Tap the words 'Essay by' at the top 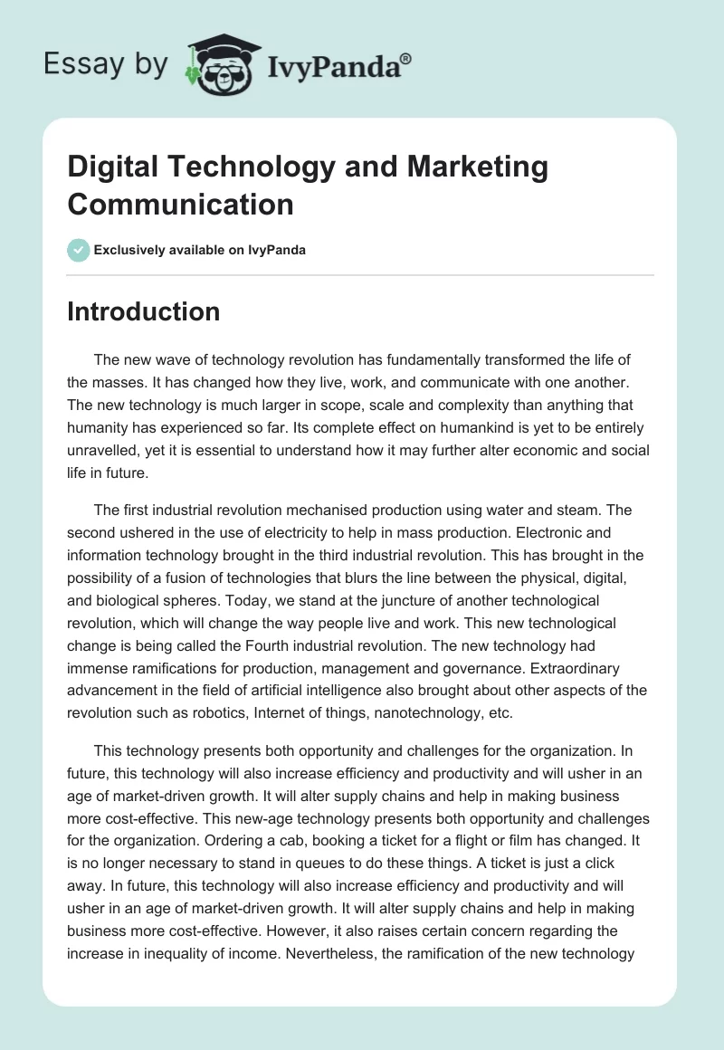(107, 64)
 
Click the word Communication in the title (180, 204)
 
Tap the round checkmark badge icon (79, 250)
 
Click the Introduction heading (144, 311)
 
